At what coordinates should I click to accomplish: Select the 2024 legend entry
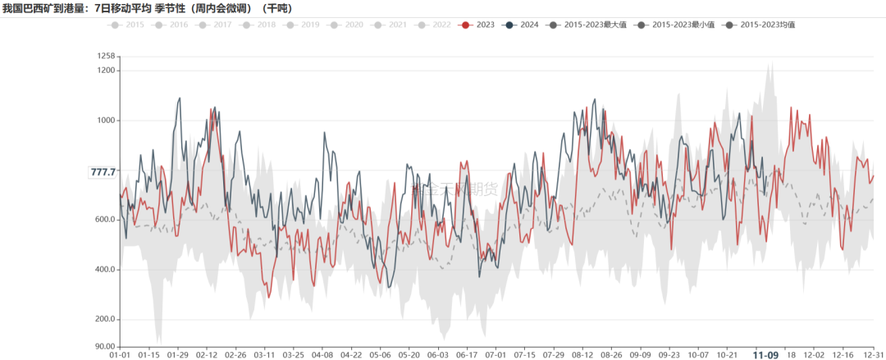[x=521, y=25]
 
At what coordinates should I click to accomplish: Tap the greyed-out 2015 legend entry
[x=127, y=25]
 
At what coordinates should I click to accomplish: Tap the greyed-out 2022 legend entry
[x=433, y=25]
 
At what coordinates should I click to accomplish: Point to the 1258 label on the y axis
[x=105, y=56]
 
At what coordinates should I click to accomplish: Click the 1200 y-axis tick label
[x=105, y=71]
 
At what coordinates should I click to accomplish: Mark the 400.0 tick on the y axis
[x=103, y=270]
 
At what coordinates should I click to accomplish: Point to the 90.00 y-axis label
[x=103, y=347]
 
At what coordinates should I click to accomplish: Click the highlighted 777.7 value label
[x=103, y=172]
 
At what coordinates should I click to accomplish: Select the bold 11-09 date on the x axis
[x=766, y=355]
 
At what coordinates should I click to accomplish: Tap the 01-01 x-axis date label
[x=120, y=355]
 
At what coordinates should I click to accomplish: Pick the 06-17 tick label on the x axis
[x=467, y=355]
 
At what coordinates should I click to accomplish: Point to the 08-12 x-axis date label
[x=582, y=355]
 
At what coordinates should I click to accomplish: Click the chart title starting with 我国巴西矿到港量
[x=148, y=8]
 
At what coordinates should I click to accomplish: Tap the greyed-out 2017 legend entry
[x=214, y=25]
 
